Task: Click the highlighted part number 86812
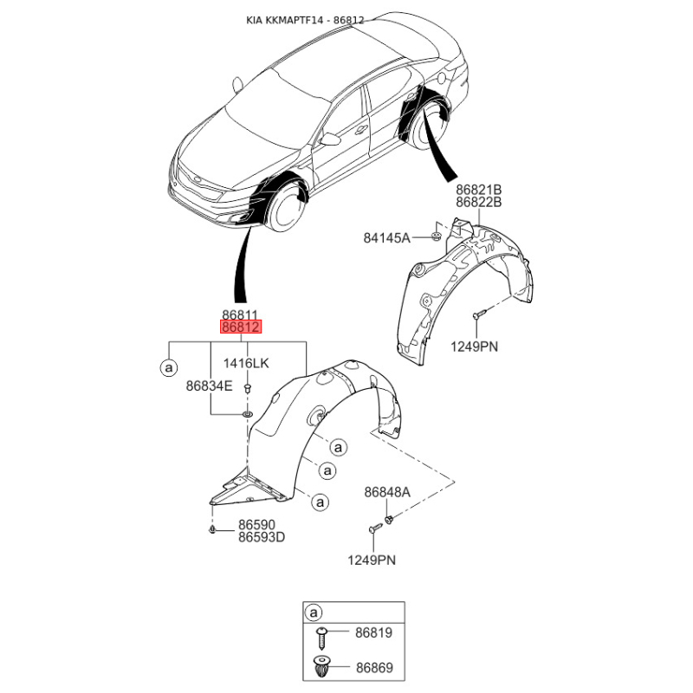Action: (x=240, y=328)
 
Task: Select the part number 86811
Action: (x=240, y=315)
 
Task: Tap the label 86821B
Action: (x=479, y=189)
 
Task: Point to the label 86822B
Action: (x=479, y=202)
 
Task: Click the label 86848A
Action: (x=387, y=492)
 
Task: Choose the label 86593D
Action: (x=262, y=537)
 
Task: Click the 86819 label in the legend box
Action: (x=373, y=633)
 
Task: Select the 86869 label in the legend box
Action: (x=373, y=668)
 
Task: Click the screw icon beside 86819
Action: (x=322, y=637)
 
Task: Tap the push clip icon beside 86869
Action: (x=322, y=668)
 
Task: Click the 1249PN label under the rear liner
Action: (x=474, y=346)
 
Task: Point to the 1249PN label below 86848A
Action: (x=372, y=560)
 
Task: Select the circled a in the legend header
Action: (x=313, y=613)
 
